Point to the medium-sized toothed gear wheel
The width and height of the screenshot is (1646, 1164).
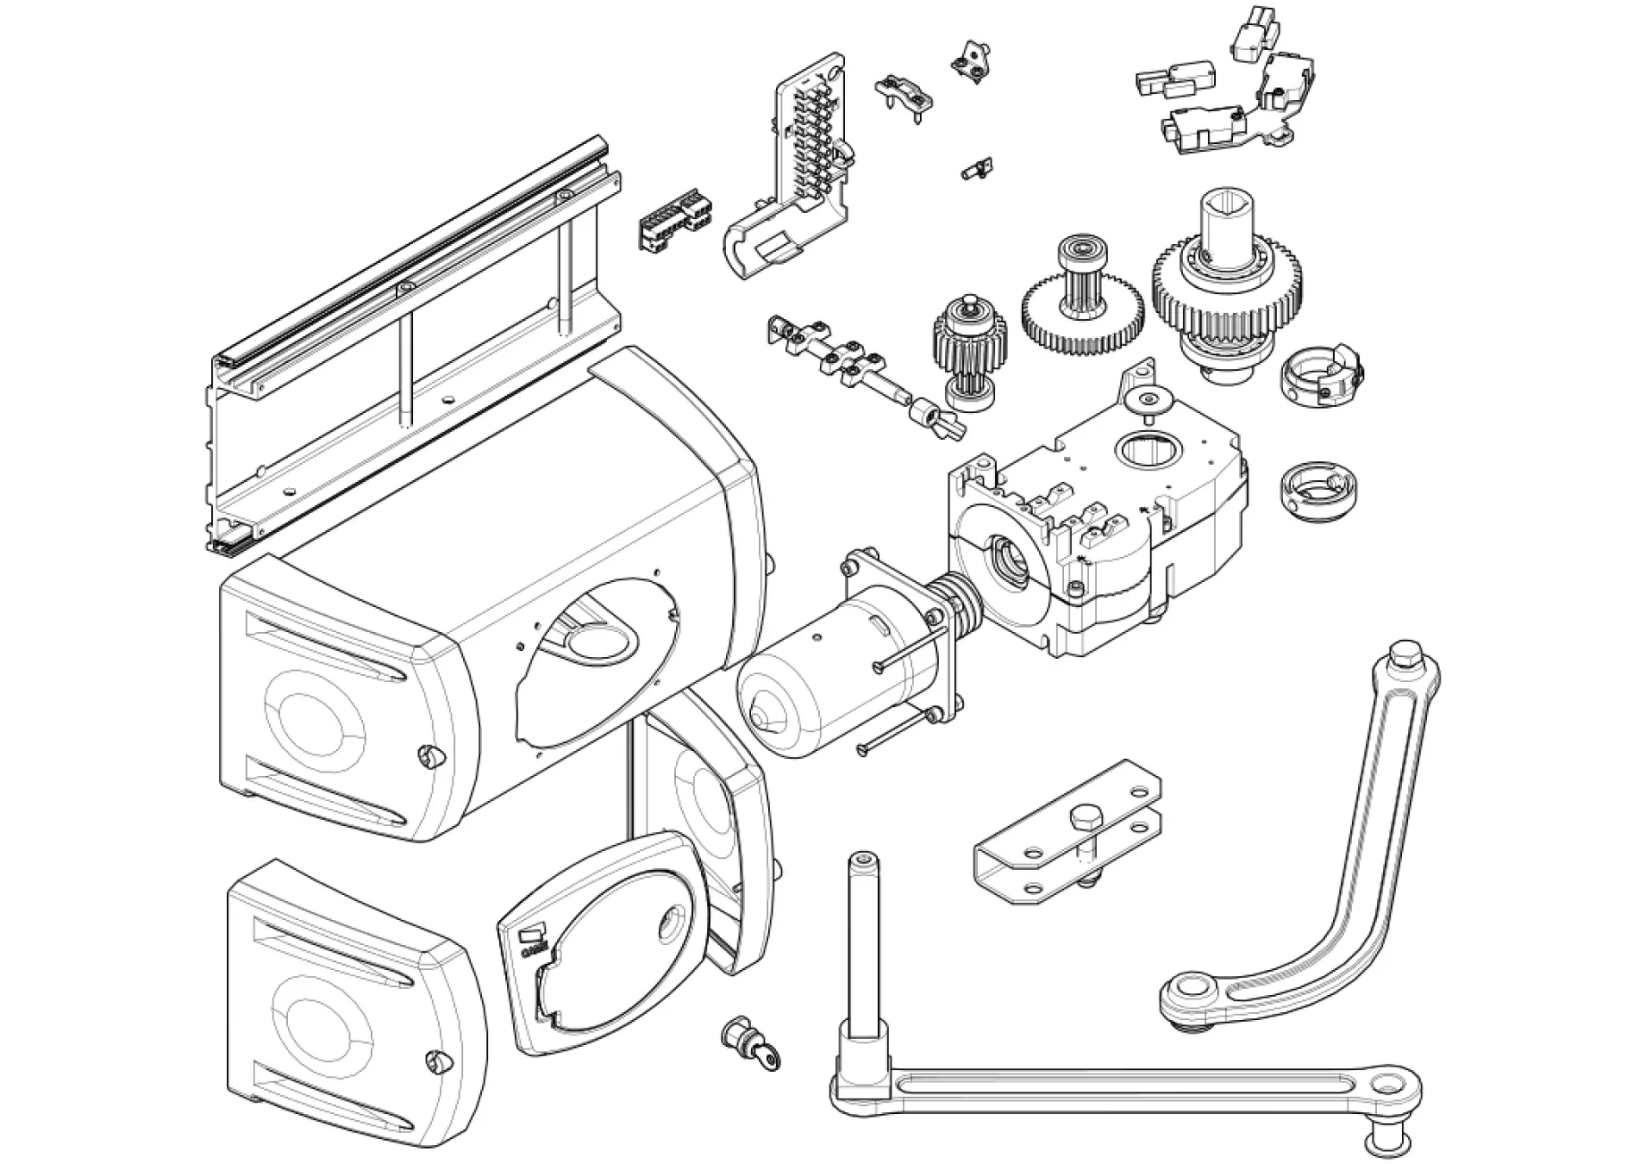click(x=1082, y=313)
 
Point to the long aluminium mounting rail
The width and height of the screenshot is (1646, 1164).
click(x=411, y=349)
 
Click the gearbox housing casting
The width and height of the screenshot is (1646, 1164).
click(x=1100, y=527)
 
